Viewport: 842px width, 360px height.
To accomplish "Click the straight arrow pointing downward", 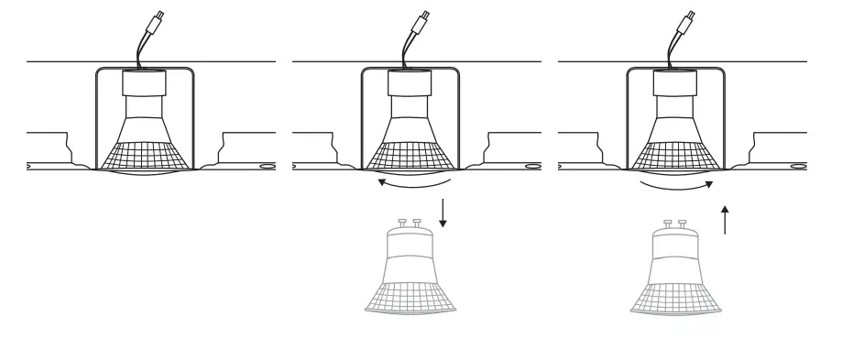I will click(x=443, y=213).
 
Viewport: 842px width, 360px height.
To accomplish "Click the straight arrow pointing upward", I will click(x=726, y=220).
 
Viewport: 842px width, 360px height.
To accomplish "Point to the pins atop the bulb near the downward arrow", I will click(x=410, y=223).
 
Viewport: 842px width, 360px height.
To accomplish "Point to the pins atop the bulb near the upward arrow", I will click(x=675, y=223).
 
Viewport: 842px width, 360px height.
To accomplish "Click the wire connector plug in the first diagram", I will click(x=158, y=19).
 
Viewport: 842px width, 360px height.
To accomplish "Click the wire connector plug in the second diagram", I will click(x=423, y=19).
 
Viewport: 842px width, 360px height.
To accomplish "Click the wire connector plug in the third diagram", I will click(x=688, y=19).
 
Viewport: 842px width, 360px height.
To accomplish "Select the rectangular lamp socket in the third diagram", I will click(x=673, y=83).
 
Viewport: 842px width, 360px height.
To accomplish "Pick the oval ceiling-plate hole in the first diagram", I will click(x=267, y=167).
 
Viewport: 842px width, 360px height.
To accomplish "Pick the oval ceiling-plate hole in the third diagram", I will click(x=798, y=167).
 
